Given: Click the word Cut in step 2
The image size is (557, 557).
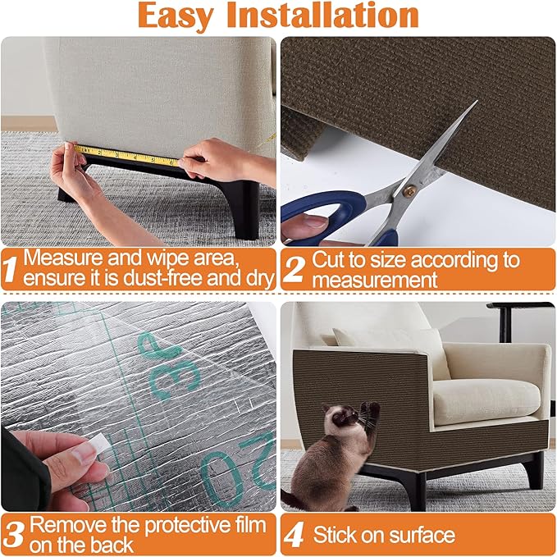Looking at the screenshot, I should (327, 260).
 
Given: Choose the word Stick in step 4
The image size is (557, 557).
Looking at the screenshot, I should (335, 536).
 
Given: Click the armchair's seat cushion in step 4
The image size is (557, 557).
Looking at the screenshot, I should (484, 399).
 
